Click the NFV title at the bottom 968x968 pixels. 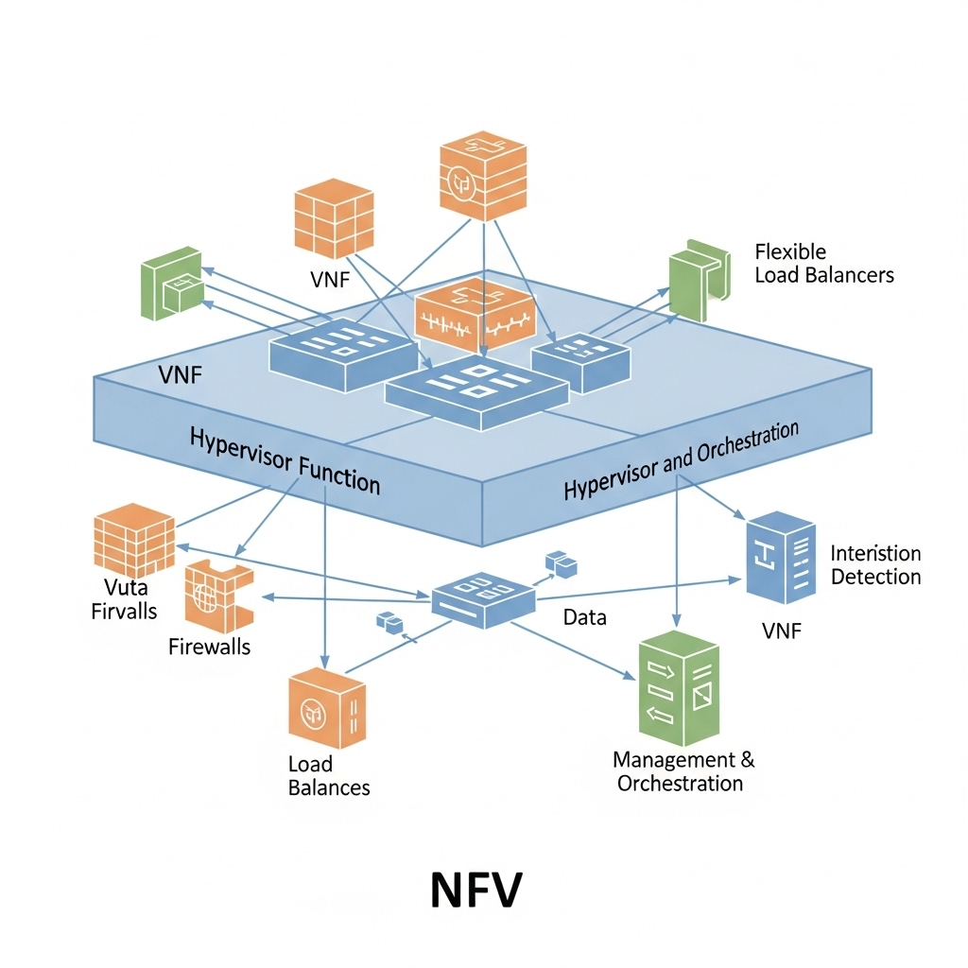(475, 890)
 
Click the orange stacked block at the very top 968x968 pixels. (482, 177)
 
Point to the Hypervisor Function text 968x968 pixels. (285, 460)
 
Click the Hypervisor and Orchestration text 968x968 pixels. (681, 460)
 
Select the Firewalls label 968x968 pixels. (209, 648)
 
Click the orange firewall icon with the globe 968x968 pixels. (216, 596)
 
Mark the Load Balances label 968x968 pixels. (328, 775)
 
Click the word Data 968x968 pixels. (584, 617)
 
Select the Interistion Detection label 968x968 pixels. (874, 564)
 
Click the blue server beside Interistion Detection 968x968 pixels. (781, 557)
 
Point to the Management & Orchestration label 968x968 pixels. (683, 771)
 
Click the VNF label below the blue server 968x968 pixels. (781, 631)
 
